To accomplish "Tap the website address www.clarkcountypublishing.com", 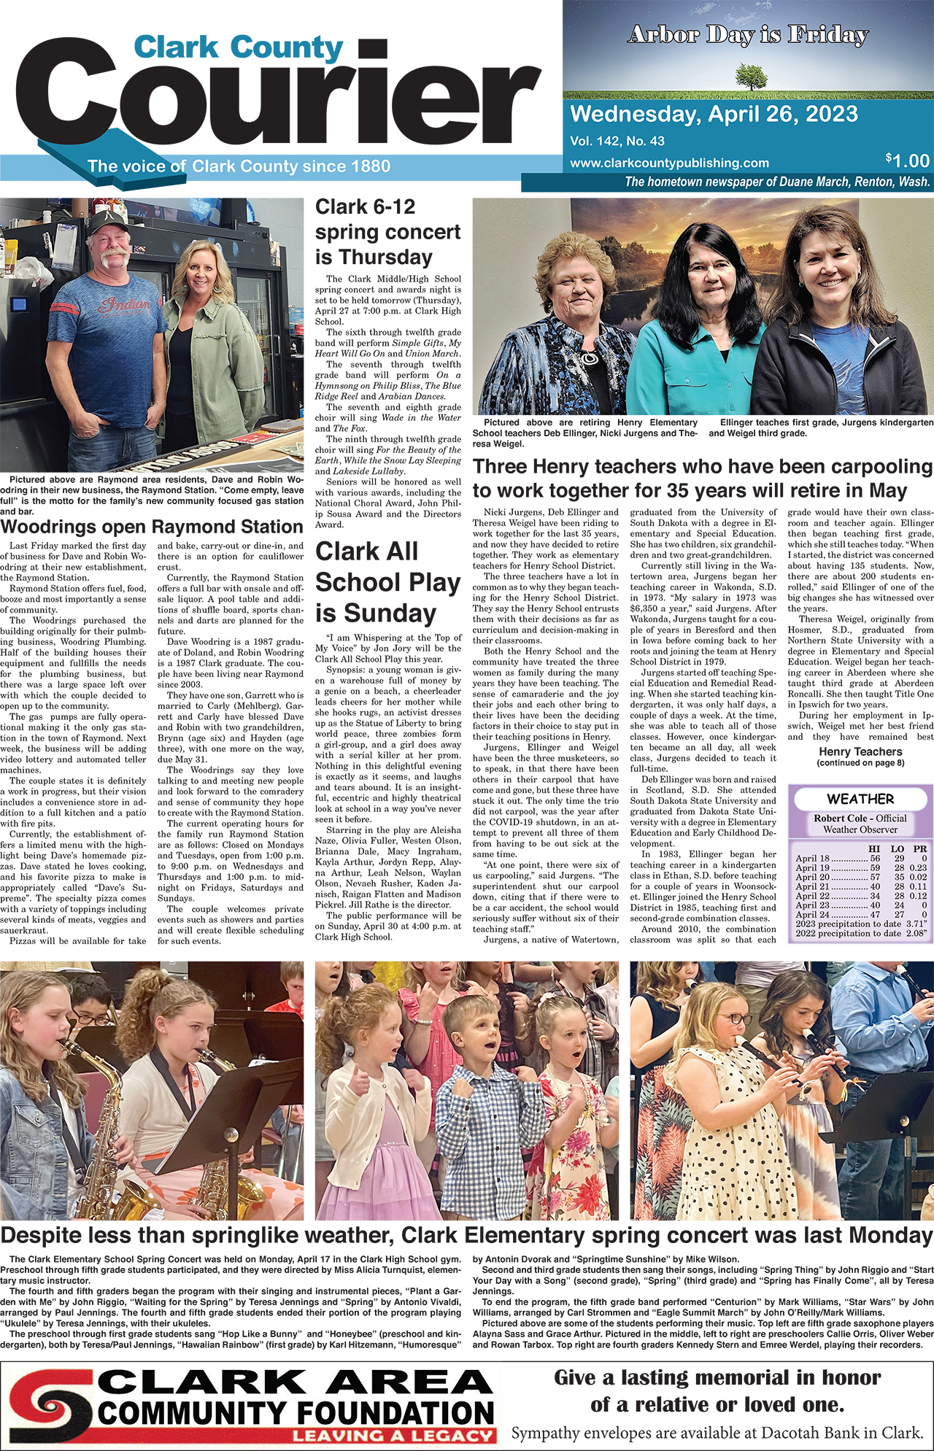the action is coord(669,163).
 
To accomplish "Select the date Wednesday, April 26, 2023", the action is coord(714,115).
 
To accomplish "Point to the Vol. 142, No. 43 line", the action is coord(617,142).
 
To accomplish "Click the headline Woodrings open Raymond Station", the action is coord(152,527).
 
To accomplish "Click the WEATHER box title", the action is coord(860,799).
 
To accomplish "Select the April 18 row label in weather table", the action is coord(812,859).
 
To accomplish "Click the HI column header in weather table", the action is coord(874,849).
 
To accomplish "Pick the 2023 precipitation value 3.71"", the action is coord(916,924).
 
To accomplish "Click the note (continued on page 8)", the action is coord(860,763).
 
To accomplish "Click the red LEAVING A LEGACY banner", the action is coord(393,1436).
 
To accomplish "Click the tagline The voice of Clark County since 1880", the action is coord(239,166).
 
